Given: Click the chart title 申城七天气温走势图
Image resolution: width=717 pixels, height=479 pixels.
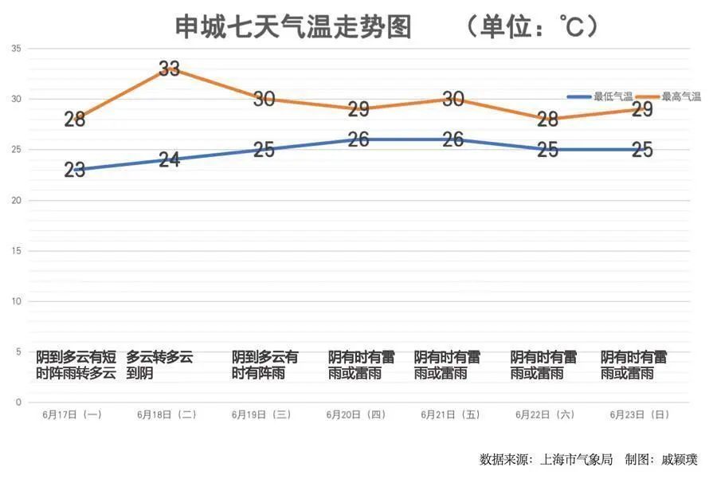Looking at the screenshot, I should coord(293,27).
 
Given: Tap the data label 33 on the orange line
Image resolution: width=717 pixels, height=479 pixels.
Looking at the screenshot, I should coord(169,69).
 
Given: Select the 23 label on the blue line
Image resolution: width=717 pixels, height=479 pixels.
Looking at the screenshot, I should coord(75,170).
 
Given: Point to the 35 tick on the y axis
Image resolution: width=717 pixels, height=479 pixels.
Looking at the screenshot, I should coord(17,49).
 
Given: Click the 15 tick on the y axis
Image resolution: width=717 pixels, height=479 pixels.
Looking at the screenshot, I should coord(17,251).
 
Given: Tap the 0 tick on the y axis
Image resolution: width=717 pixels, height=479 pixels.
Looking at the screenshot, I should coord(18,402).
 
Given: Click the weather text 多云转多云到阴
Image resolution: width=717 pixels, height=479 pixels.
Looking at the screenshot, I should coord(159,365).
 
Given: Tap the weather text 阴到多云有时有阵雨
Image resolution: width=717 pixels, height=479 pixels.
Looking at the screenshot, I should coord(265,365).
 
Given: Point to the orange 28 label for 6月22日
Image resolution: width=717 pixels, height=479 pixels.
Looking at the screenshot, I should coord(547,120).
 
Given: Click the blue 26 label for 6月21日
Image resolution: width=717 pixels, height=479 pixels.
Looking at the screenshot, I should coord(453,139).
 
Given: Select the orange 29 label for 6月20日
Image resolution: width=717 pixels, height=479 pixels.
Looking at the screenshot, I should coord(358,110).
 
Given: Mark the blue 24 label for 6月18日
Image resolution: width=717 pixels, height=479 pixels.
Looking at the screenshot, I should coord(169,159).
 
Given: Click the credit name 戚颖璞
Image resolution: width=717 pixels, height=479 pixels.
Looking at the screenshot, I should coord(679,460).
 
